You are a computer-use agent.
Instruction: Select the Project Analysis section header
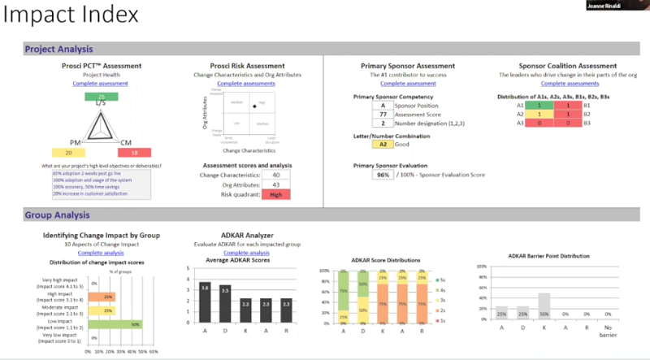pyautogui.click(x=58, y=49)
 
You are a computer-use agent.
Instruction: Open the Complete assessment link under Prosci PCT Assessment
pyautogui.click(x=101, y=84)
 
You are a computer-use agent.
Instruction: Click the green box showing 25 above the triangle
pyautogui.click(x=102, y=97)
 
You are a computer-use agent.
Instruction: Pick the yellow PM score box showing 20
pyautogui.click(x=69, y=153)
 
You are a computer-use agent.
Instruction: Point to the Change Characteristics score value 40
pyautogui.click(x=276, y=175)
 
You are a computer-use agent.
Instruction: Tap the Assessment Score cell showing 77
pyautogui.click(x=382, y=115)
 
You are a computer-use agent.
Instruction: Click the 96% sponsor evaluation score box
pyautogui.click(x=382, y=175)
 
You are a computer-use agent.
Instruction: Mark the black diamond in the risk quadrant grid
pyautogui.click(x=253, y=104)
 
